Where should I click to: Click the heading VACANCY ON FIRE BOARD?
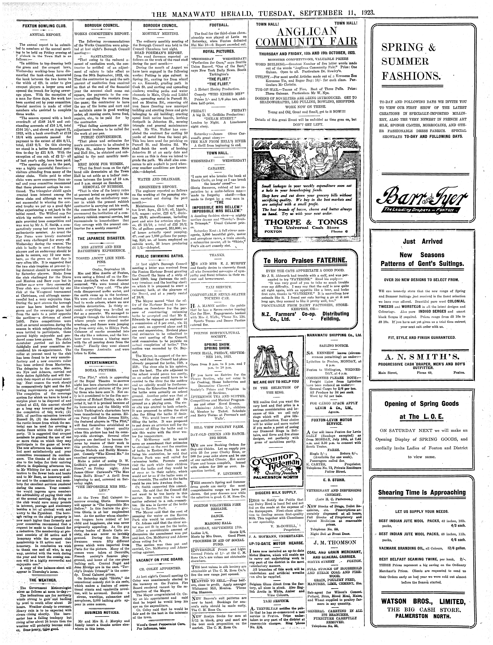pyautogui.click(x=159, y=560)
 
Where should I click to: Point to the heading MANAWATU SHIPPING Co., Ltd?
pyautogui.click(x=334, y=335)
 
